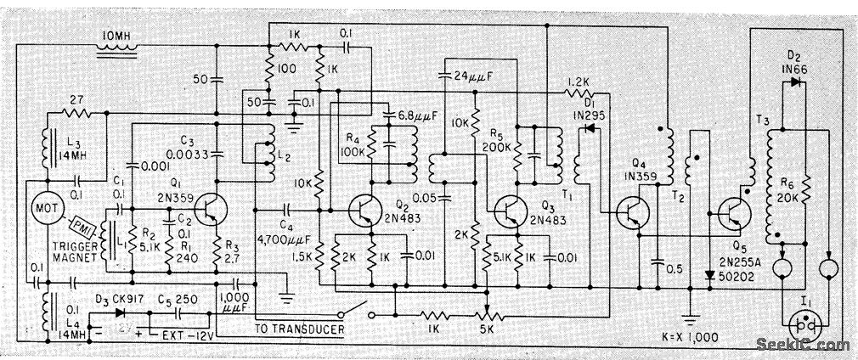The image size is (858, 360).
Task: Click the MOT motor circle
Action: click(x=40, y=207)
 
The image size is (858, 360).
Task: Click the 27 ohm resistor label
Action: click(x=76, y=99)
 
